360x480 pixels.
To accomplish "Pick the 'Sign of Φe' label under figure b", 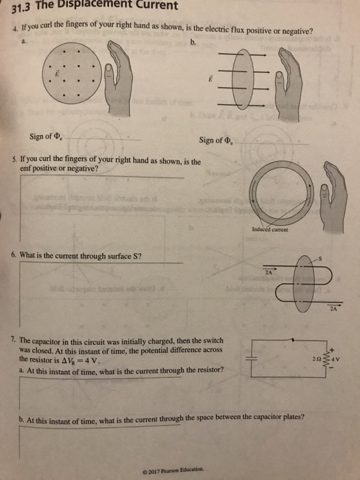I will click(x=216, y=141).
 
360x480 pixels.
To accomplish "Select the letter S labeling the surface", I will click(x=317, y=256).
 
